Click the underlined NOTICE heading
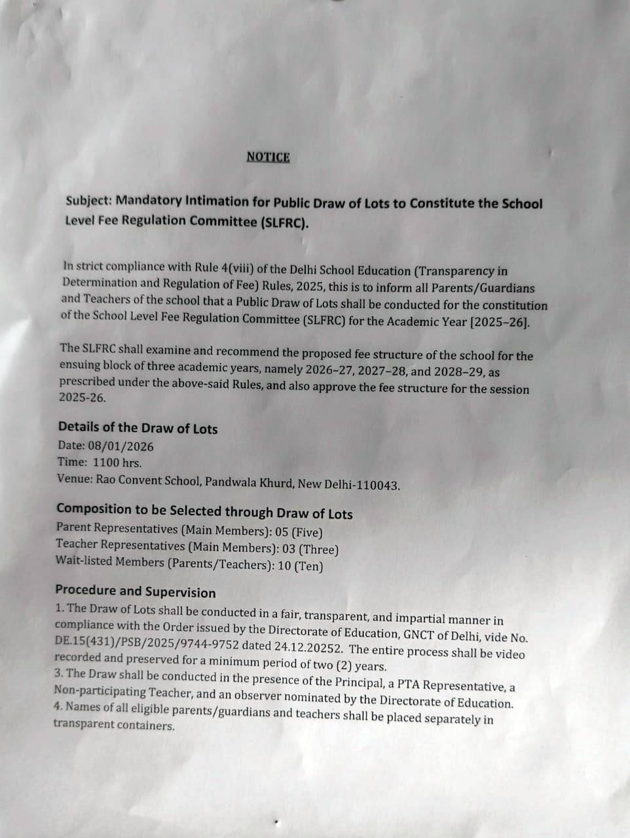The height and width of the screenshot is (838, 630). [x=268, y=156]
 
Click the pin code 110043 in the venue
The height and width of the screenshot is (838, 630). [x=376, y=485]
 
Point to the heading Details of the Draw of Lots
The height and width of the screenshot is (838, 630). [x=138, y=428]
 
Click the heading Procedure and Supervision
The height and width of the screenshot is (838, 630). [x=135, y=592]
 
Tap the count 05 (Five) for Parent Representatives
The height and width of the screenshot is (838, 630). [x=299, y=532]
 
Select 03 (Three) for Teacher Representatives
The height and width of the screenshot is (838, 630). [x=310, y=549]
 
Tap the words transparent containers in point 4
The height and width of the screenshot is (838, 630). [x=114, y=725]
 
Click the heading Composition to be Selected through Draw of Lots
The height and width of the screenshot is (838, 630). [x=204, y=511]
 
